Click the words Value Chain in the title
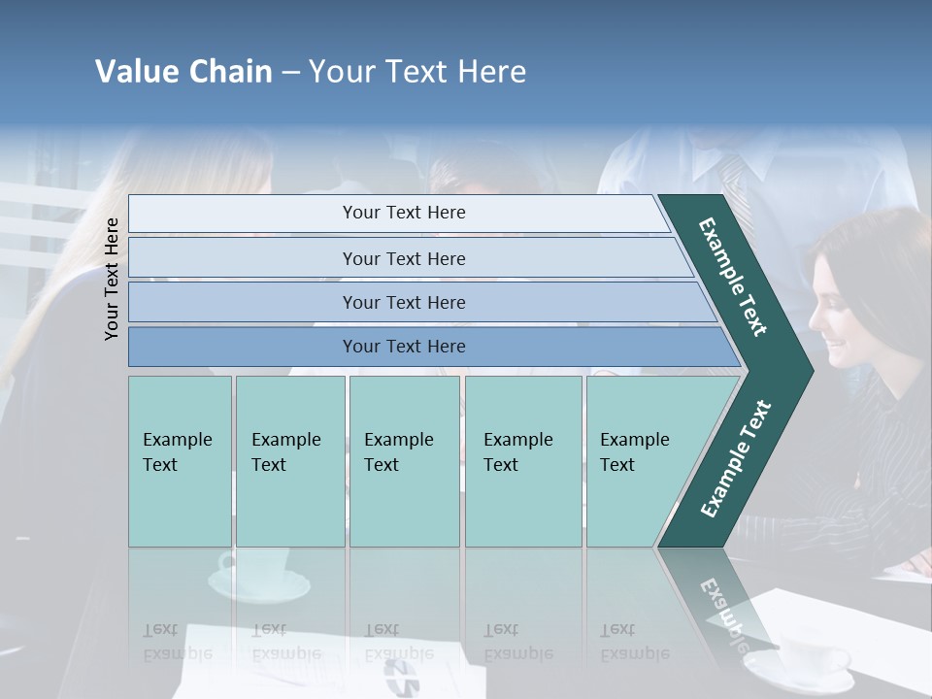pos(183,72)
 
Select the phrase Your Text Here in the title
pos(417,72)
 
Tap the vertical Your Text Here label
pos(112,279)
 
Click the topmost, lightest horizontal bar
pos(403,213)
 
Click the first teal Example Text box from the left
pos(180,460)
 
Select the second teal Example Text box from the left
pos(289,460)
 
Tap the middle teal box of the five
pos(404,460)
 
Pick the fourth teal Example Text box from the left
pos(522,460)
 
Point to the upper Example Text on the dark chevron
pos(733,277)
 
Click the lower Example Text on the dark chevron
pos(735,459)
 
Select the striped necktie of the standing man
pos(734,184)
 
